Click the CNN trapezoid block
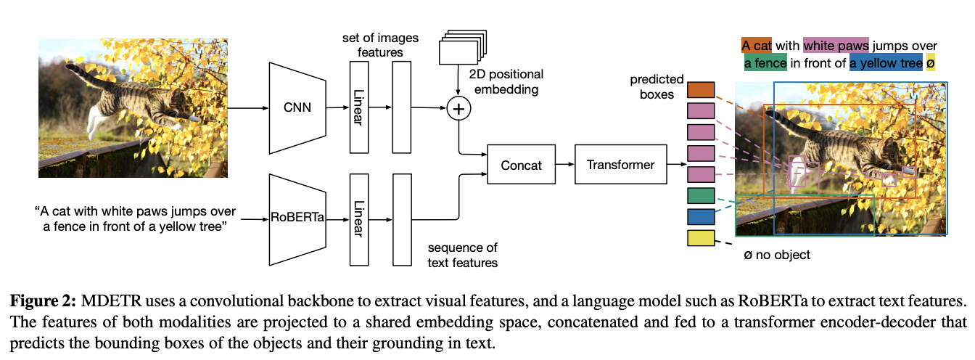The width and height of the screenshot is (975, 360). click(297, 108)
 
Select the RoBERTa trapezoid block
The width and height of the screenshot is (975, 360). click(297, 219)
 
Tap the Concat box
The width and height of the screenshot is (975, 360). click(521, 165)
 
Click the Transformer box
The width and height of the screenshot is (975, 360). click(621, 165)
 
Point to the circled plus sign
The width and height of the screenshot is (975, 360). click(458, 108)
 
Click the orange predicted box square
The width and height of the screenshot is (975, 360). click(701, 90)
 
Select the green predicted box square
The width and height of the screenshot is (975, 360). click(701, 195)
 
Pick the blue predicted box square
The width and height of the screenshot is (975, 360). click(701, 217)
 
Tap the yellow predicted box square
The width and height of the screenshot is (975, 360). click(701, 238)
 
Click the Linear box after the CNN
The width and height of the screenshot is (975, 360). click(359, 107)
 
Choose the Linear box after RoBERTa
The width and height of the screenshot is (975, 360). click(359, 219)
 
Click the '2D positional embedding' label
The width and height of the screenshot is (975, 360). click(506, 81)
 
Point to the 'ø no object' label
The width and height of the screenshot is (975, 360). click(777, 255)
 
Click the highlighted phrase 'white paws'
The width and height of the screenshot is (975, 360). click(836, 46)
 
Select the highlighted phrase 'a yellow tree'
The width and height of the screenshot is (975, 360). click(886, 63)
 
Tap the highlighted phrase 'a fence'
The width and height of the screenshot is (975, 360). click(765, 63)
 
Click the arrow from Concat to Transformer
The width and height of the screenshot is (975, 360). click(565, 164)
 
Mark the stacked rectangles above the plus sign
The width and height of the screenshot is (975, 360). click(463, 47)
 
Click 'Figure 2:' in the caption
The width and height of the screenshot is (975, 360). click(43, 300)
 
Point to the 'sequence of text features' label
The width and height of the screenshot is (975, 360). click(462, 255)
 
